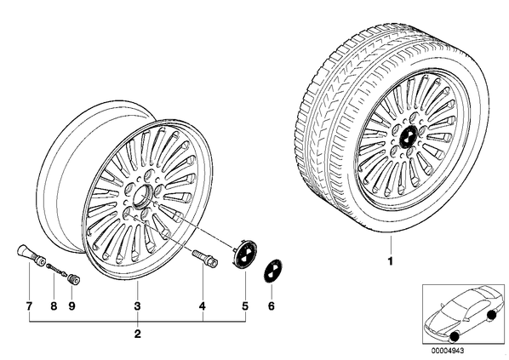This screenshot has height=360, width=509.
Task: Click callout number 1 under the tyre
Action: click(x=391, y=260)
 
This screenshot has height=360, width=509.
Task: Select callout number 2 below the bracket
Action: click(x=138, y=334)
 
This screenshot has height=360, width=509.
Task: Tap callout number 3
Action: click(x=137, y=306)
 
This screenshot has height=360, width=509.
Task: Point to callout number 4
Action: click(x=203, y=306)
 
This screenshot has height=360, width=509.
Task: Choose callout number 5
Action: click(x=245, y=306)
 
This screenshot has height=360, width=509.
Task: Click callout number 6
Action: click(x=271, y=306)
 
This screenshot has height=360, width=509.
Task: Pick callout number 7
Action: click(x=29, y=306)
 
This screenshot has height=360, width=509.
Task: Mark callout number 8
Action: click(x=54, y=306)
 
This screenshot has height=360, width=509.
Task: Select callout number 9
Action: click(x=71, y=306)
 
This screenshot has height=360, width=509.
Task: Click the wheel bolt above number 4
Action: click(x=205, y=258)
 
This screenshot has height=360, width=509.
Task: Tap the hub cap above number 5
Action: click(x=245, y=257)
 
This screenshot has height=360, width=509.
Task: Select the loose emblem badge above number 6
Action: click(x=272, y=271)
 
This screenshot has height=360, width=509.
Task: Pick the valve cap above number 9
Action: click(x=75, y=278)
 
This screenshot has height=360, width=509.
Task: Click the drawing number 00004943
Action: click(x=448, y=351)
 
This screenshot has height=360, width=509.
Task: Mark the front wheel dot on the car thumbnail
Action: click(x=455, y=337)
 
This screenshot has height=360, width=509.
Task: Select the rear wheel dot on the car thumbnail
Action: click(x=492, y=314)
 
